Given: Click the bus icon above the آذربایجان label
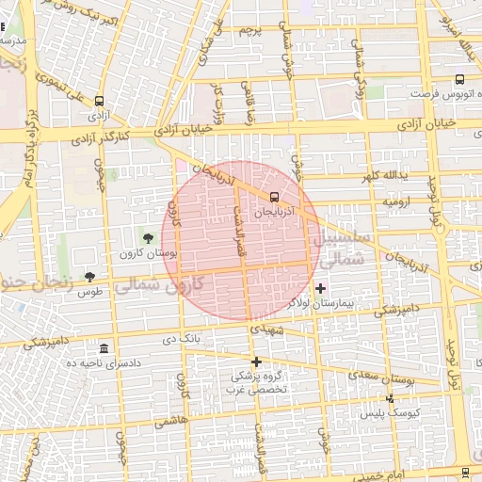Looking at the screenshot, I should click(x=274, y=197).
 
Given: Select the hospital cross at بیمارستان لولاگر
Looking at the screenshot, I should click(x=320, y=287).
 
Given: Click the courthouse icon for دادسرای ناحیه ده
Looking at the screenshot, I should click(x=104, y=348).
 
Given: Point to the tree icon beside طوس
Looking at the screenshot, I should click(x=89, y=277).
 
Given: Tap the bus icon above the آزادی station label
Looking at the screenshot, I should click(x=100, y=101).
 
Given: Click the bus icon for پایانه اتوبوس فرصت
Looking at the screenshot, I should click(x=458, y=80).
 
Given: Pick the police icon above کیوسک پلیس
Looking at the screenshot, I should click(x=391, y=398).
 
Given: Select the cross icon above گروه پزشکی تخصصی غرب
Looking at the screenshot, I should click(x=255, y=361).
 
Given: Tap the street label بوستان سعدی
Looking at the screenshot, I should click(x=393, y=378).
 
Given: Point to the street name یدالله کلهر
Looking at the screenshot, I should click(x=384, y=176).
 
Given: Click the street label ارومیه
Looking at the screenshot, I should click(x=395, y=202).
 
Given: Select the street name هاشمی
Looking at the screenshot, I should click(x=170, y=424).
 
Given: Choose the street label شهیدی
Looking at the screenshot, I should click(x=266, y=329).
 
